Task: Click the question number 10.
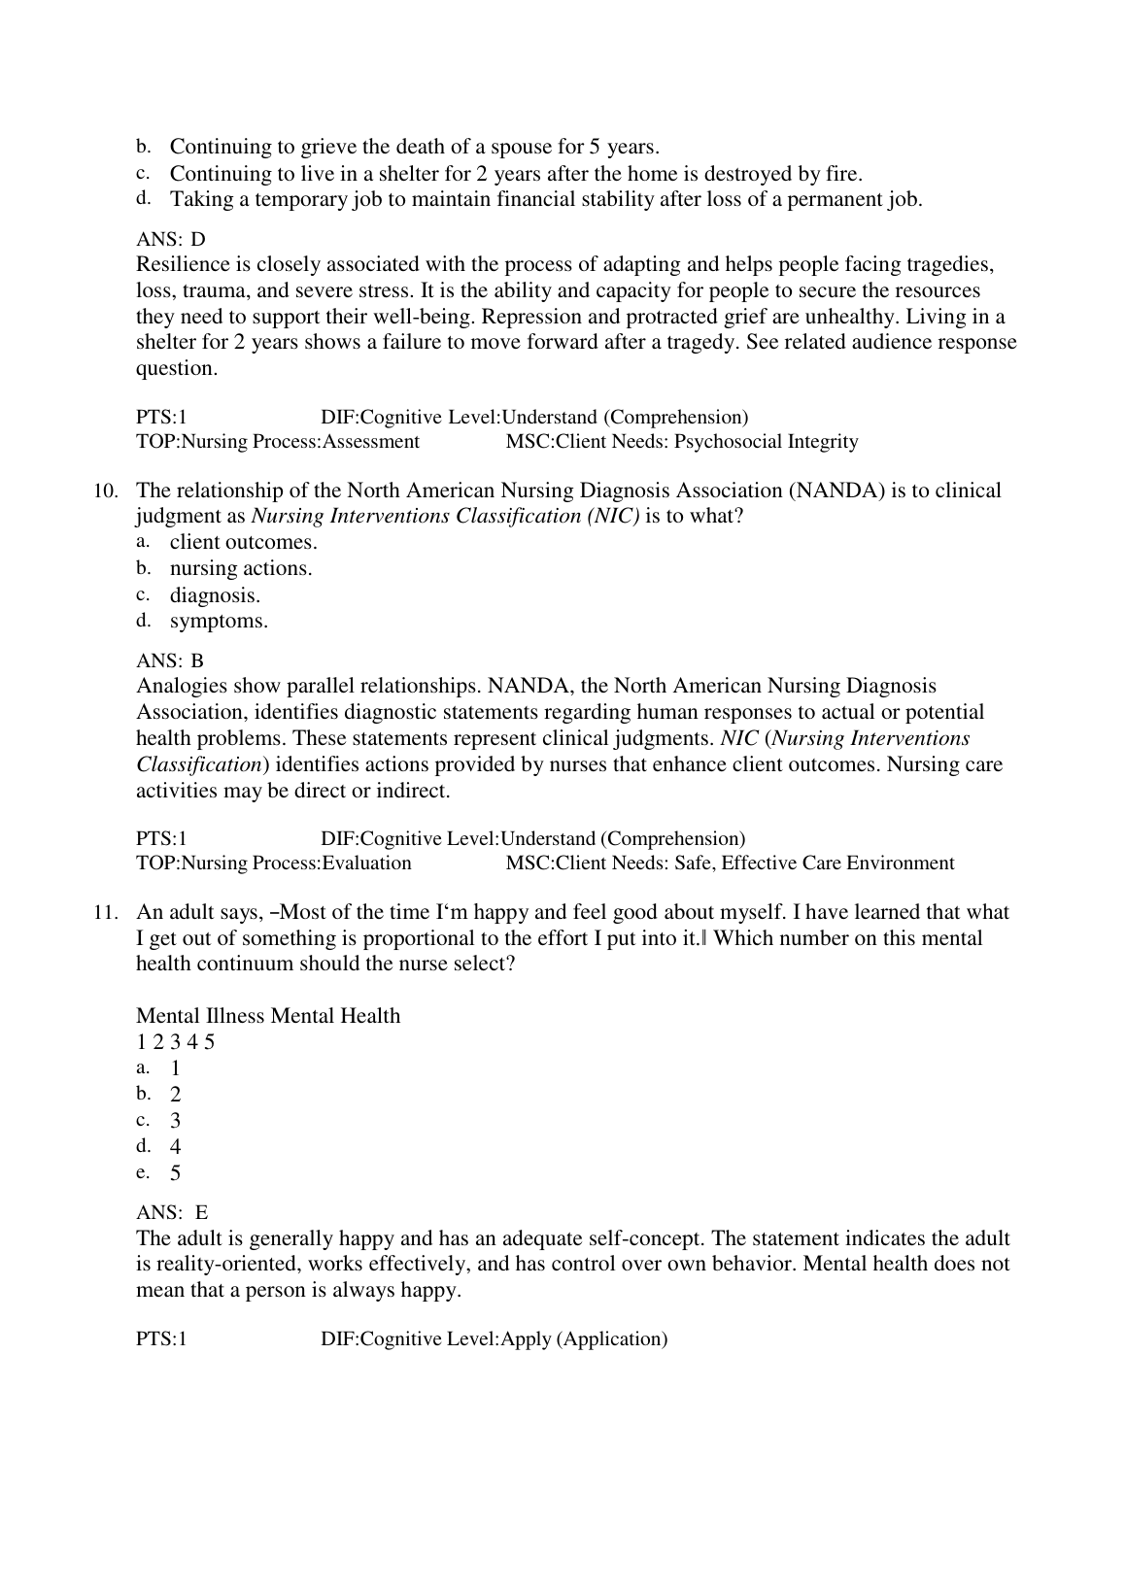[x=106, y=491]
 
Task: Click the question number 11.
[x=106, y=913]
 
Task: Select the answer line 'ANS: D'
[x=171, y=239]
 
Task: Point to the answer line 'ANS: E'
[x=172, y=1213]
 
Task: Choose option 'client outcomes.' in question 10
[x=243, y=543]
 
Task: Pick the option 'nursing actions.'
[x=241, y=569]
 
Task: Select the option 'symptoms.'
[x=219, y=622]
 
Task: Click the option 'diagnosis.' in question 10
[x=215, y=595]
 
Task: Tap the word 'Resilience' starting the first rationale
[x=184, y=265]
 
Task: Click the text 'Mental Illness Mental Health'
[x=268, y=1016]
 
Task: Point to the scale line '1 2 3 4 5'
[x=175, y=1042]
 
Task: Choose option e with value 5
[x=175, y=1173]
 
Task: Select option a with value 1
[x=175, y=1068]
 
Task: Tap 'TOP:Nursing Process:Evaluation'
[x=274, y=863]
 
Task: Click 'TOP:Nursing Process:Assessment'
[x=278, y=442]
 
